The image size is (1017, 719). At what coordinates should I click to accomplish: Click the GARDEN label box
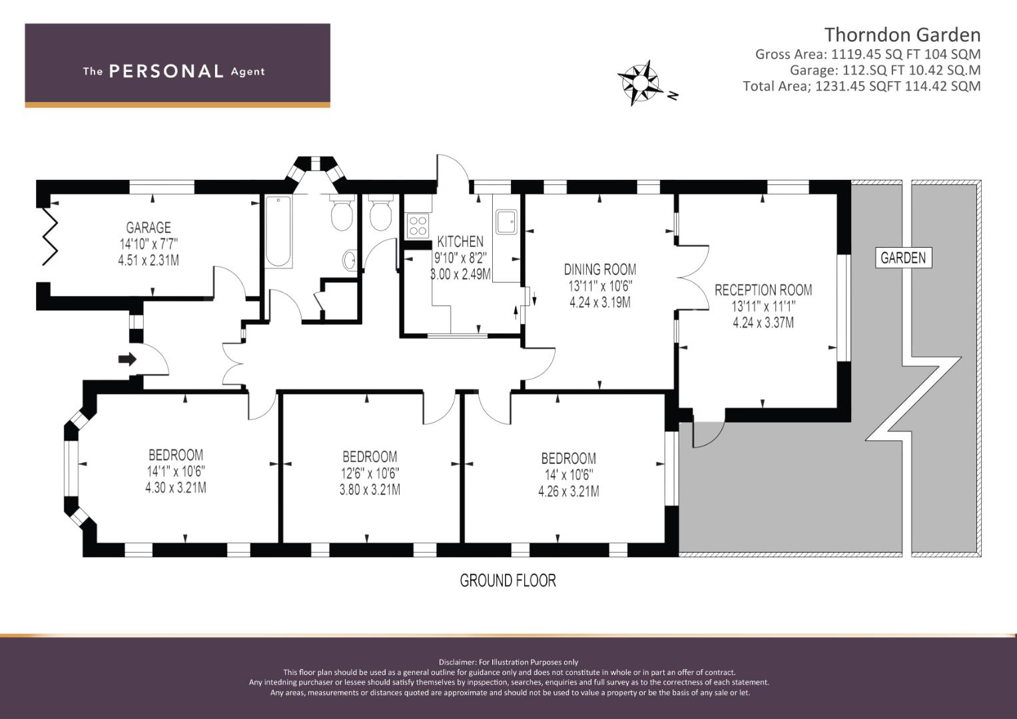click(904, 258)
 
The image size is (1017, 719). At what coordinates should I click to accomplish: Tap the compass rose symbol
click(640, 83)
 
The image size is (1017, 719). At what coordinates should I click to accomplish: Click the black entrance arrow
click(127, 359)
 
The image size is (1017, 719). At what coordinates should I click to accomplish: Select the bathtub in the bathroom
click(278, 232)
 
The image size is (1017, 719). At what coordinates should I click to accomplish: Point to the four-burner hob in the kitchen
click(418, 226)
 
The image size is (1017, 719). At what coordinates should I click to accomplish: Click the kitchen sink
click(506, 222)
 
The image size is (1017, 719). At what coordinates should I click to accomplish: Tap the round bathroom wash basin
click(350, 260)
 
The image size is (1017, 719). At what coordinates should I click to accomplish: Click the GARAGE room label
click(149, 228)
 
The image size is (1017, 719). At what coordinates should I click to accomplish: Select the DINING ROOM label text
click(600, 270)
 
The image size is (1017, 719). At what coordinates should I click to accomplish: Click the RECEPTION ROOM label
click(763, 290)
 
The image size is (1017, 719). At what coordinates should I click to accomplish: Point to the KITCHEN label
click(460, 242)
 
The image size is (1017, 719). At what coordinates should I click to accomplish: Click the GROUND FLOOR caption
click(508, 581)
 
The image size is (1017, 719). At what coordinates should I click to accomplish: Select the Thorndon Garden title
click(902, 35)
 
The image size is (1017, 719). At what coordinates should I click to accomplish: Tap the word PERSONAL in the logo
click(167, 71)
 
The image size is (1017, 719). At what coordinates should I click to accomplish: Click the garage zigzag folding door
click(50, 236)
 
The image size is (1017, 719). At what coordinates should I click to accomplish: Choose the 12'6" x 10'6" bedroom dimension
click(370, 473)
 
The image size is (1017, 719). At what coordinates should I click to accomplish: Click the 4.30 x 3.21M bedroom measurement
click(176, 488)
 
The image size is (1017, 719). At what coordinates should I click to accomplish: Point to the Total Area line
click(862, 86)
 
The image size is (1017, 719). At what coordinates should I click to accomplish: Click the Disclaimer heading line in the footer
click(509, 662)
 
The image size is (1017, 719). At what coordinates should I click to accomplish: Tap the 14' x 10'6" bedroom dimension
click(569, 475)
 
